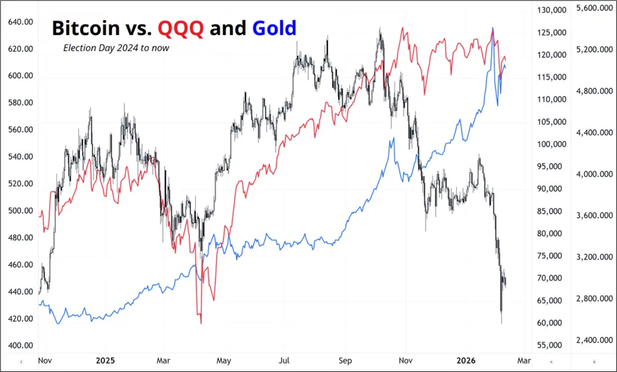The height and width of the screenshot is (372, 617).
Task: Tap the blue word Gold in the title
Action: [274, 28]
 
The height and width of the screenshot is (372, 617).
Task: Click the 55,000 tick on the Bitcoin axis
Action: [551, 345]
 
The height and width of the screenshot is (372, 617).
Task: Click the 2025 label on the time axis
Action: [105, 361]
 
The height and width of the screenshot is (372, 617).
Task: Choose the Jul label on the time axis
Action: [284, 361]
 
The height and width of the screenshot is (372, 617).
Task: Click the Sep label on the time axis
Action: [345, 361]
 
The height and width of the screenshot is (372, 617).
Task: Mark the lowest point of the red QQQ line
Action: [201, 324]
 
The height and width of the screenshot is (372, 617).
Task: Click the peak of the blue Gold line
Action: [492, 28]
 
